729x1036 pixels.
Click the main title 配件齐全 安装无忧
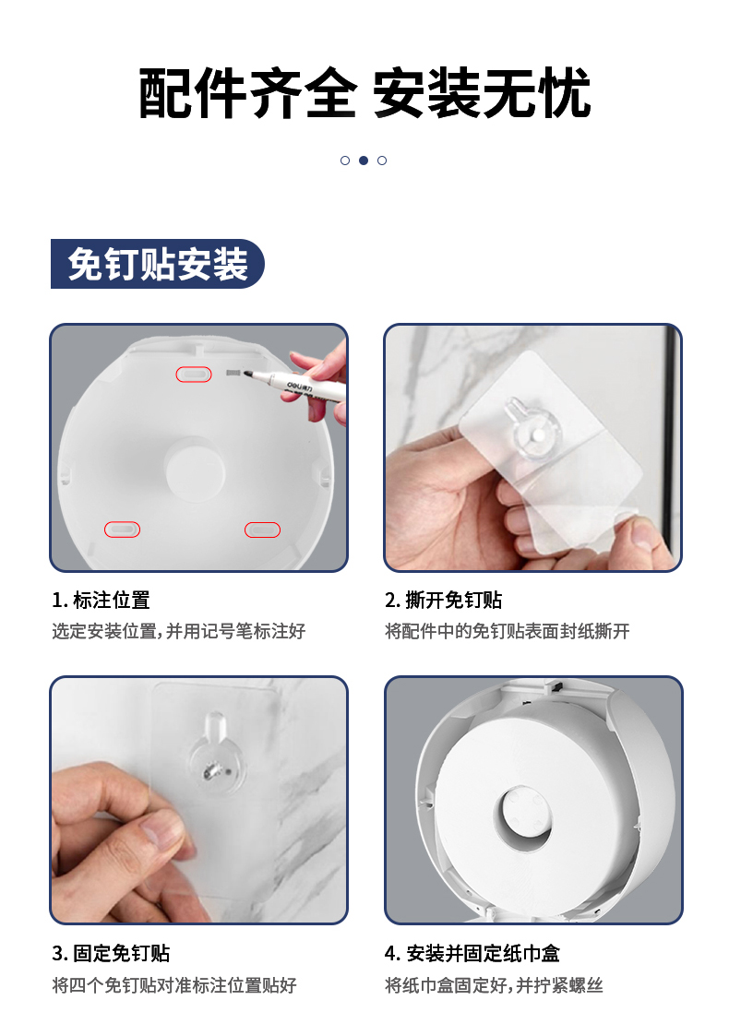click(364, 93)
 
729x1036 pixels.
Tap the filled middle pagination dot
click(364, 161)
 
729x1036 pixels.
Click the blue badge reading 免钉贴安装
click(157, 264)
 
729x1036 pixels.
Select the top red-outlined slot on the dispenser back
click(194, 375)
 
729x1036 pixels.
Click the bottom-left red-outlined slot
click(123, 530)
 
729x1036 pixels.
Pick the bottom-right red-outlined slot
click(262, 530)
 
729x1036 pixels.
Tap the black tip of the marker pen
click(249, 375)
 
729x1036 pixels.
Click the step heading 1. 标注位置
click(102, 600)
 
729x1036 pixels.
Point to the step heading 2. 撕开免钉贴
click(444, 600)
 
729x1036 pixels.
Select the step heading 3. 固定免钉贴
click(111, 953)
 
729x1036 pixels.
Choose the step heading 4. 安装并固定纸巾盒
click(472, 953)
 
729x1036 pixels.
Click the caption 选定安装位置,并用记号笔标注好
click(178, 632)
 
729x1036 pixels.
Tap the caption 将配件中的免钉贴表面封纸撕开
click(507, 632)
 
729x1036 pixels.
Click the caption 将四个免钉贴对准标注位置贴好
click(174, 985)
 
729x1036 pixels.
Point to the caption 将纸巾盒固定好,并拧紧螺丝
click(494, 985)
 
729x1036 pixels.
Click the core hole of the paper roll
click(523, 816)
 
